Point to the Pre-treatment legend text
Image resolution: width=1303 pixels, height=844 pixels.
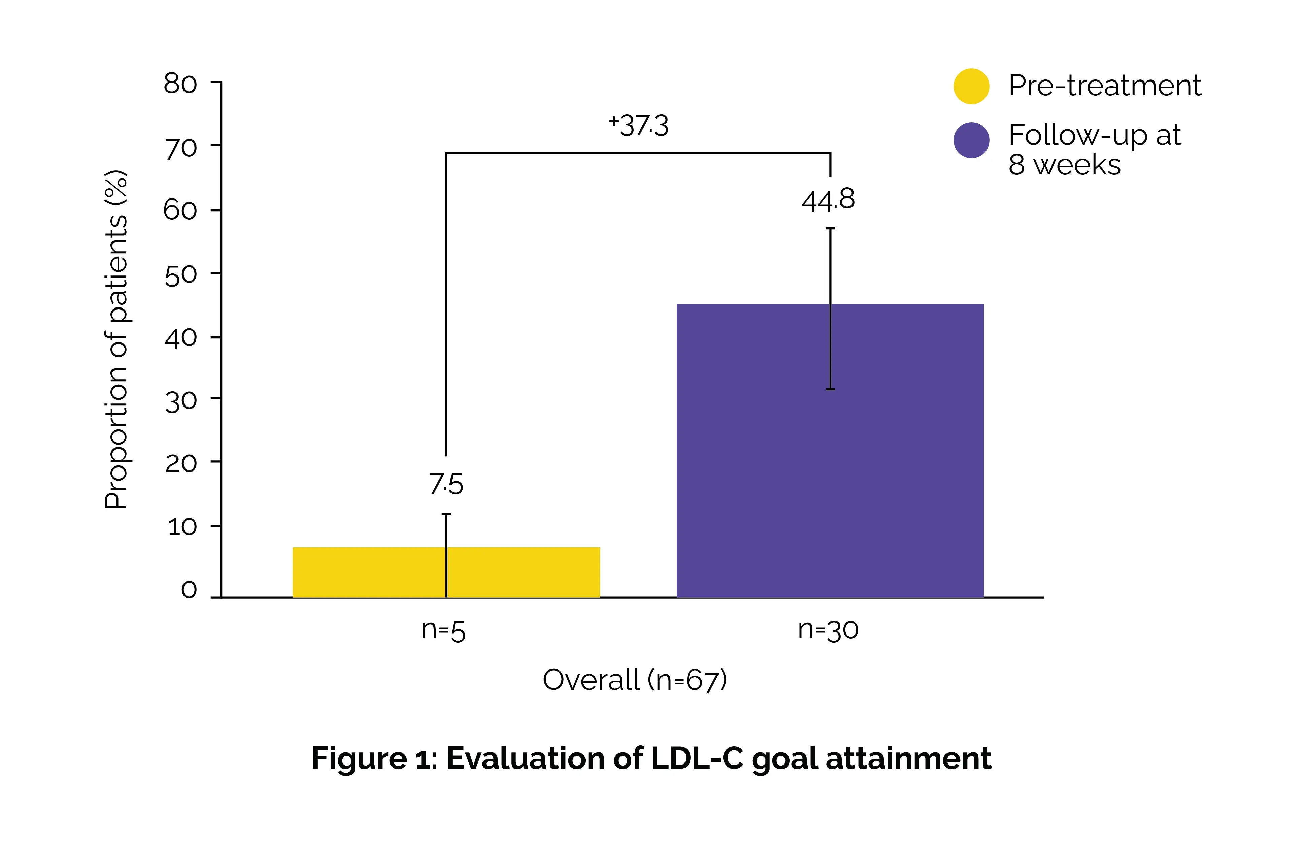click(x=1104, y=86)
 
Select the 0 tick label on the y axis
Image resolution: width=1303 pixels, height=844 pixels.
click(x=189, y=590)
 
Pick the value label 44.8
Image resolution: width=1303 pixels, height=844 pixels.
click(x=828, y=200)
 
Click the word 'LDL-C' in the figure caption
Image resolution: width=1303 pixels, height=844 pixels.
click(x=696, y=758)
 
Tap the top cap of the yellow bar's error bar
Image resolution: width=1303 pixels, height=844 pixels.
click(x=446, y=514)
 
